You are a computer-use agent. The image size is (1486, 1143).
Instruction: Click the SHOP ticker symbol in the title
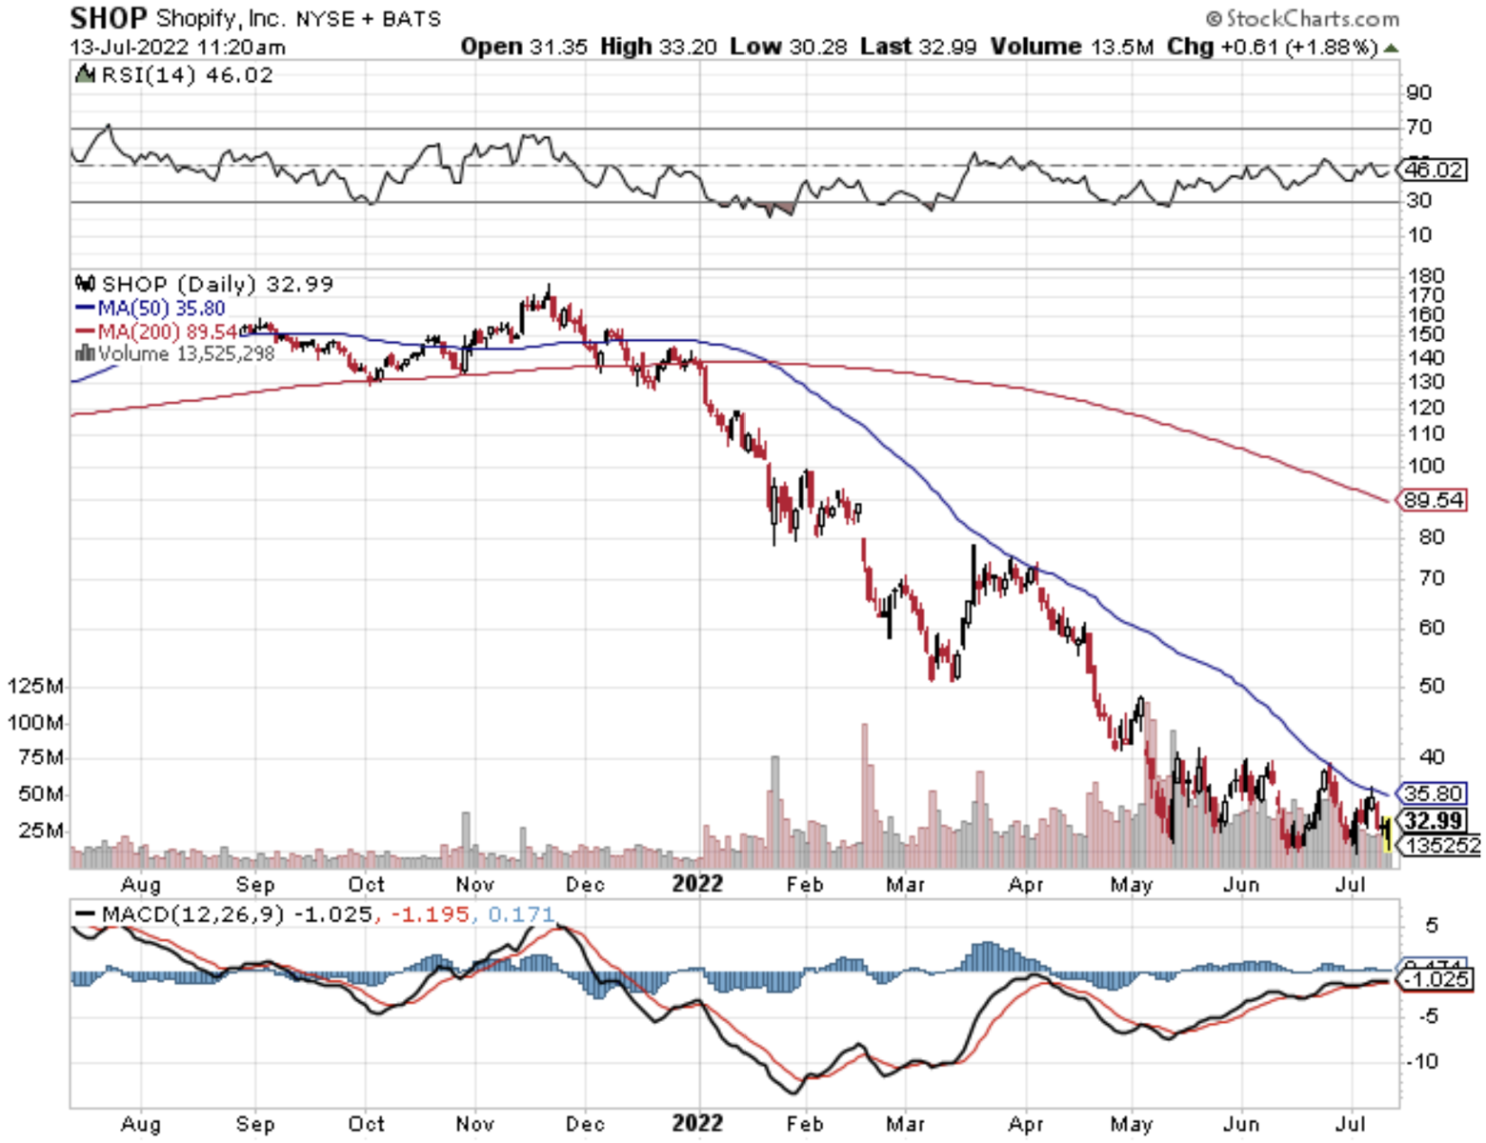[x=109, y=18]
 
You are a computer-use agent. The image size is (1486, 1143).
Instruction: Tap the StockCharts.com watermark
[x=1302, y=18]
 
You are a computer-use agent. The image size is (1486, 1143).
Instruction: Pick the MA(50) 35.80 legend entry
[x=151, y=308]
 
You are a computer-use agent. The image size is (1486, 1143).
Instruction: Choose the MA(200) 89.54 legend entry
[x=156, y=331]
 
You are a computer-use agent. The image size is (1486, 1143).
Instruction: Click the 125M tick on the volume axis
[x=35, y=687]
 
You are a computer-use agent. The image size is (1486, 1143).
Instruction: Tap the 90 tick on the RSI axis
[x=1419, y=92]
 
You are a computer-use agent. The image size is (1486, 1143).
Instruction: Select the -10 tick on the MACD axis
[x=1422, y=1061]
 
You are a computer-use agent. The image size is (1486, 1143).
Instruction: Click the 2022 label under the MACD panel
[x=697, y=1124]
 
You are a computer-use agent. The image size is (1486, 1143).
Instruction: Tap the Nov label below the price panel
[x=474, y=885]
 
